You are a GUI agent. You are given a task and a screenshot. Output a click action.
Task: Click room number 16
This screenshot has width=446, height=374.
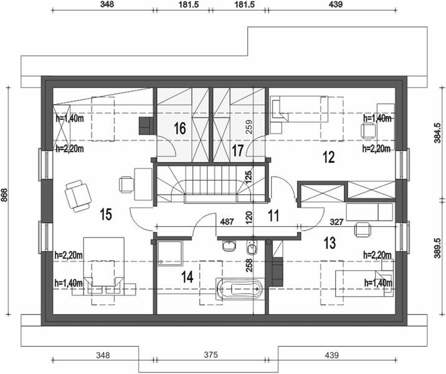pyautogui.click(x=180, y=128)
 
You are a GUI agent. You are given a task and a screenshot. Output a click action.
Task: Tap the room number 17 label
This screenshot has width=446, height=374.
pyautogui.click(x=237, y=150)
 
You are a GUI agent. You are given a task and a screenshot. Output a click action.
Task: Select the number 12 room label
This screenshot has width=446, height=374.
pyautogui.click(x=329, y=157)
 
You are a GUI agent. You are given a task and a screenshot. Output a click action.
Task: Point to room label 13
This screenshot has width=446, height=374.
pyautogui.click(x=330, y=242)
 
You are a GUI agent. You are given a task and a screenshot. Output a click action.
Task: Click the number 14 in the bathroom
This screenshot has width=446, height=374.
pyautogui.click(x=187, y=277)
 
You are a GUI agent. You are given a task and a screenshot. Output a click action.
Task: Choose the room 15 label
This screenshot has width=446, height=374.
pyautogui.click(x=106, y=214)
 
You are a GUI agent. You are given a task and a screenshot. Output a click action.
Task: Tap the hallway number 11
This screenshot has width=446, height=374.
pyautogui.click(x=273, y=216)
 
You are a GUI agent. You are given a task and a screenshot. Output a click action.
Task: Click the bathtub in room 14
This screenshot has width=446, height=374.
pyautogui.click(x=240, y=289)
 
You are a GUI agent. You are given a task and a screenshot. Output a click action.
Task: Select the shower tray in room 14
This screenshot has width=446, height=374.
pyautogui.click(x=170, y=253)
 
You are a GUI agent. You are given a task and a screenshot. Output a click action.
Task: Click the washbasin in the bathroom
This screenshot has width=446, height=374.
pyautogui.click(x=229, y=246)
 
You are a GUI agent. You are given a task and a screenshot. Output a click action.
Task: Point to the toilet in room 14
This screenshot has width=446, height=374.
pyautogui.click(x=252, y=247)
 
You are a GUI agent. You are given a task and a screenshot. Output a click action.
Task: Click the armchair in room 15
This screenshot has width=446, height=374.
pyautogui.click(x=78, y=196)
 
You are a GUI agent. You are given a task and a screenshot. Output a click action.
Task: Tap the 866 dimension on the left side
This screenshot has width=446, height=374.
pyautogui.click(x=4, y=195)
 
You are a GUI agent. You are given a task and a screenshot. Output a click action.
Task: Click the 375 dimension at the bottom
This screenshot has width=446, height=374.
pyautogui.click(x=211, y=355)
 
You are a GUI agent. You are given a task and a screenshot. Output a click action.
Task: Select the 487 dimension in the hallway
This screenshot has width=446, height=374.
pyautogui.click(x=227, y=221)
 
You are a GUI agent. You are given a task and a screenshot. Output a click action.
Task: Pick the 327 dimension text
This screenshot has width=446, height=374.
pyautogui.click(x=337, y=222)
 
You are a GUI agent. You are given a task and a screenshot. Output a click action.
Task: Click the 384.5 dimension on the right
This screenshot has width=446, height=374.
pyautogui.click(x=438, y=133)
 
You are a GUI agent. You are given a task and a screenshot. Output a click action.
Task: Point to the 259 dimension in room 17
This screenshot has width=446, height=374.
pyautogui.click(x=249, y=127)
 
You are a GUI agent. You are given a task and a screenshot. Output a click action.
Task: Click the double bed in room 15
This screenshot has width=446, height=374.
pyautogui.click(x=104, y=266)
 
